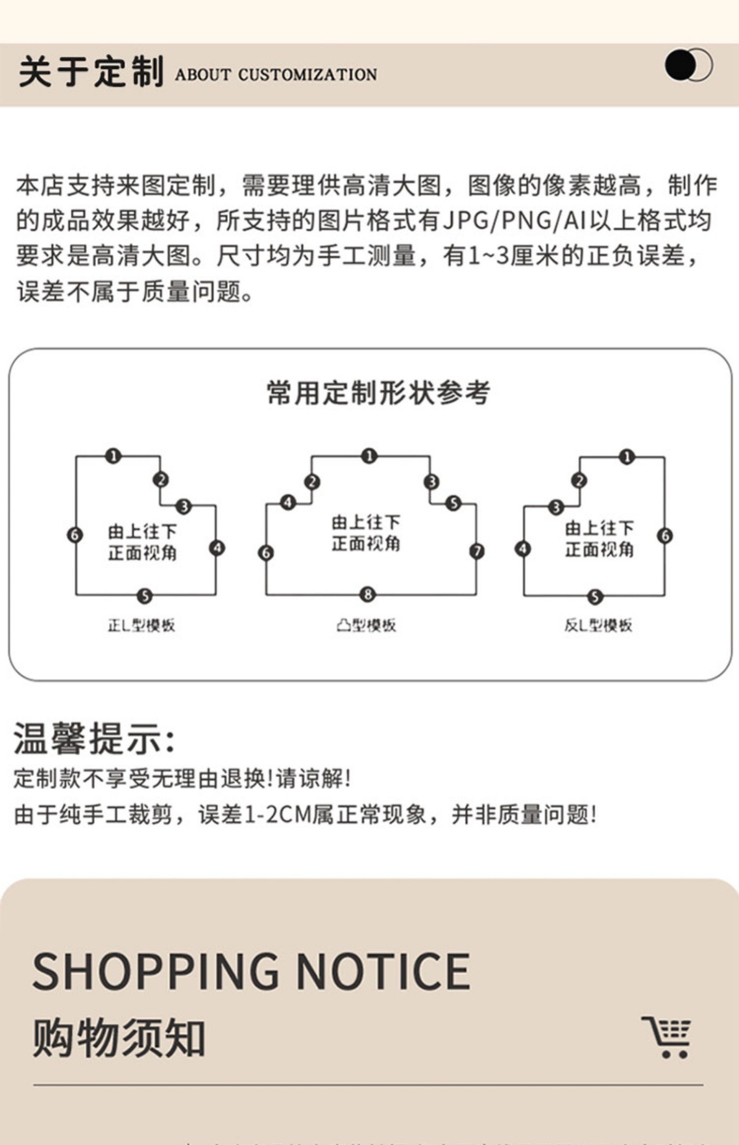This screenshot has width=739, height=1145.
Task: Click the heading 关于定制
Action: coord(91,72)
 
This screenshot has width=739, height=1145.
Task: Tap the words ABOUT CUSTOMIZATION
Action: coord(275,75)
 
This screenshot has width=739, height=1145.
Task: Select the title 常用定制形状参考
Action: coord(378,393)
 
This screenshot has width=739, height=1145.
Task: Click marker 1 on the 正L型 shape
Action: coord(113,456)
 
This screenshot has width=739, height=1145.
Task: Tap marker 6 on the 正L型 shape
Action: coord(75,535)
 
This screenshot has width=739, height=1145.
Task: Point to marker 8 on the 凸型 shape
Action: coord(368,594)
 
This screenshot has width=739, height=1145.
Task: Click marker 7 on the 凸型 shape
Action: coord(477,551)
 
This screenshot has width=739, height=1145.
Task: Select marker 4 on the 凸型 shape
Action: coord(288,502)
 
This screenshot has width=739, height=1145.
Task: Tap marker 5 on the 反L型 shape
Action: coord(595,597)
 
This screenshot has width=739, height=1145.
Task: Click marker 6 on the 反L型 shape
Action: coord(665,536)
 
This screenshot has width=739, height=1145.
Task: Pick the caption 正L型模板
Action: coord(142,625)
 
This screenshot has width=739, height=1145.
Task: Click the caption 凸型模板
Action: coord(366,625)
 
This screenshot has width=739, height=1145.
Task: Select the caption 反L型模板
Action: coord(598,625)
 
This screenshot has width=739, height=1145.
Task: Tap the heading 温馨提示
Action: coord(94,738)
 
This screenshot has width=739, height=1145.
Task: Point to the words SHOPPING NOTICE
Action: coord(251,972)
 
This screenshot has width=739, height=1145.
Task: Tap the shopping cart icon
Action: coord(668,1037)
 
